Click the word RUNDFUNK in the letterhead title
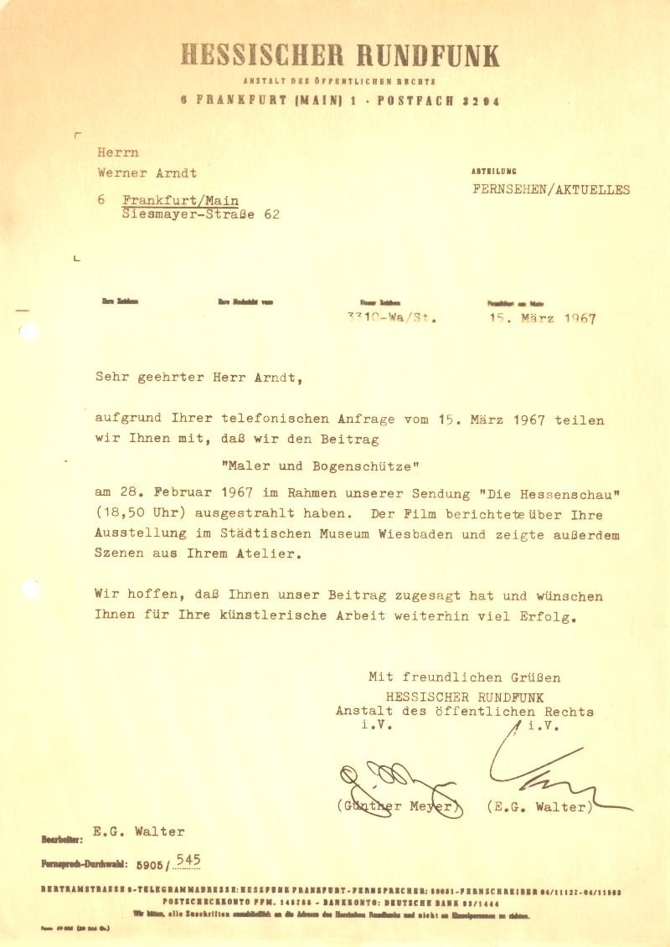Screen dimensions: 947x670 (x=429, y=55)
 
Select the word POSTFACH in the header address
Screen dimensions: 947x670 (x=415, y=100)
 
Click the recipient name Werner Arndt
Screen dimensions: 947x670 (x=147, y=173)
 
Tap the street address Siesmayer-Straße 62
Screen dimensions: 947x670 (x=200, y=214)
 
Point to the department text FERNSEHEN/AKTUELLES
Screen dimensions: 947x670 (x=551, y=190)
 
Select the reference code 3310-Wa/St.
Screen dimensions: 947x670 (x=391, y=318)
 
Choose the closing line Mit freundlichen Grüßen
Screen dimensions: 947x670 (x=465, y=677)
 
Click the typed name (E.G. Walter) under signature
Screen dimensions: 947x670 (x=539, y=807)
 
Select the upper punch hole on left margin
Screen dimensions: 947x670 (x=28, y=333)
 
